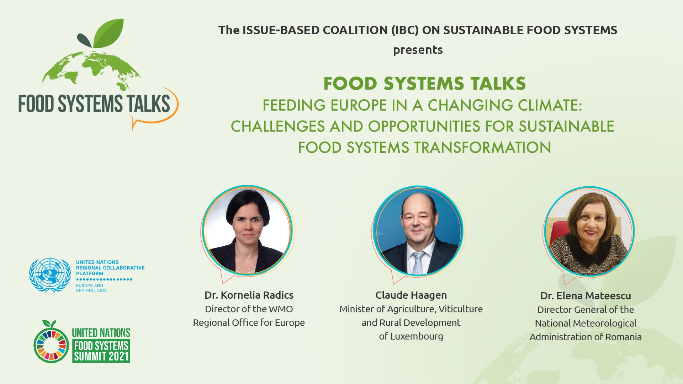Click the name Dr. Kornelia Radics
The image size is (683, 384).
pyautogui.click(x=249, y=295)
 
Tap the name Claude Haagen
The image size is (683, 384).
pyautogui.click(x=411, y=295)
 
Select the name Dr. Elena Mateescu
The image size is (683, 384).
pyautogui.click(x=585, y=296)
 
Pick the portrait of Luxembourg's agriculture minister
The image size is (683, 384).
pyautogui.click(x=418, y=231)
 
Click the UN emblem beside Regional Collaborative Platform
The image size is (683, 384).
pyautogui.click(x=50, y=275)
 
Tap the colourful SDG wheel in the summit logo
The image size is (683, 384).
pyautogui.click(x=51, y=345)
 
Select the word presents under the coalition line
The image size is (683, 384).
pyautogui.click(x=418, y=50)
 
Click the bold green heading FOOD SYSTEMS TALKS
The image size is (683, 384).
pyautogui.click(x=424, y=84)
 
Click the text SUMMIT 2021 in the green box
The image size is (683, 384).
pyautogui.click(x=101, y=356)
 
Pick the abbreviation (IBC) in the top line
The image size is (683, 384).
pyautogui.click(x=404, y=30)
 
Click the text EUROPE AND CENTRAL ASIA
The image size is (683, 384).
pyautogui.click(x=91, y=288)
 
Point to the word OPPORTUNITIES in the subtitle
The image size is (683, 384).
pyautogui.click(x=424, y=127)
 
